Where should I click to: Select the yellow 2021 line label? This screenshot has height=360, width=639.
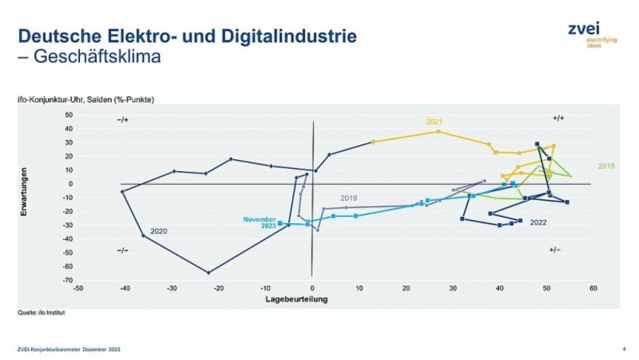tap(434, 121)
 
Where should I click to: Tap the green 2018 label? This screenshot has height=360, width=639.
tap(606, 165)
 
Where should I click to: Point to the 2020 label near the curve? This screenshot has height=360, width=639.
tap(159, 231)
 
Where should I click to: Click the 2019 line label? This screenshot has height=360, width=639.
tap(349, 198)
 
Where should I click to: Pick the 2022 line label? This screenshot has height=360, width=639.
tap(539, 222)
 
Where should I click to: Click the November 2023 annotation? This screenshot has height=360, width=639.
tap(259, 223)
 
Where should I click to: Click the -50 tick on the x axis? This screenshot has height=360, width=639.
tap(78, 288)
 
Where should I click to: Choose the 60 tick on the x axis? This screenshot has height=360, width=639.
tap(593, 288)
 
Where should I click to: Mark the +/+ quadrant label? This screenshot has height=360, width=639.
tap(558, 119)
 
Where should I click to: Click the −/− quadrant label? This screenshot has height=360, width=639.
tap(122, 250)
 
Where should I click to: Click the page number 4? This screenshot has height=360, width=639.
tap(624, 348)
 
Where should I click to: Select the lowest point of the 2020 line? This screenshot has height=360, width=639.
tap(208, 272)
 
